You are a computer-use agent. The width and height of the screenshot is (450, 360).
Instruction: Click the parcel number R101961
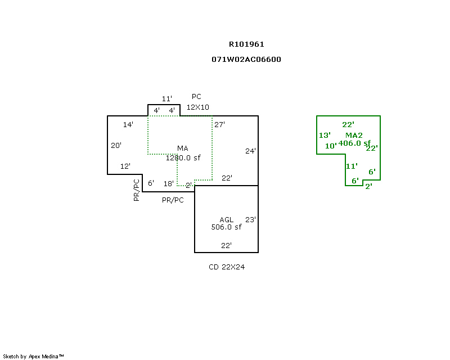coord(246,44)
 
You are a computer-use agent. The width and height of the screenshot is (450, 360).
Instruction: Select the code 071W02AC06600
coord(246,59)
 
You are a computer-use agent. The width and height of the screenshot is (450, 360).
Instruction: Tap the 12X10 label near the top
coord(197,107)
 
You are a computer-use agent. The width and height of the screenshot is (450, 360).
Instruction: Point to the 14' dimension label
coord(128,124)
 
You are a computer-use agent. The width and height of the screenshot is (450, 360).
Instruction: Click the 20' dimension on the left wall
coord(116,145)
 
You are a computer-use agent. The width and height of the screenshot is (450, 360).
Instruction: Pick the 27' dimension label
coord(219,124)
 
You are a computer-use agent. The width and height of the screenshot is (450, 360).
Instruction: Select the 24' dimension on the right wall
coord(250,151)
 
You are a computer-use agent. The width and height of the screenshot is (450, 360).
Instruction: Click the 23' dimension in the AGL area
coord(250,219)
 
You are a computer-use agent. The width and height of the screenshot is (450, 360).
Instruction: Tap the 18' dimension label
coord(168,183)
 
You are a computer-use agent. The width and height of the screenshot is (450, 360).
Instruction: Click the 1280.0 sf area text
coord(183,158)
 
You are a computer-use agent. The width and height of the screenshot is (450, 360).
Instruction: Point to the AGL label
coord(226,219)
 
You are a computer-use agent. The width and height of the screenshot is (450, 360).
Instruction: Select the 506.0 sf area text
coord(226,227)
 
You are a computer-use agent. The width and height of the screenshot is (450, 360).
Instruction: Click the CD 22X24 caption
coord(227,267)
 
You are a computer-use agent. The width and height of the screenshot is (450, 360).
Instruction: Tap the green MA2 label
coord(354,135)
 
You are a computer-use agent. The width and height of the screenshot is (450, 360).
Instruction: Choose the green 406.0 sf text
coord(354,143)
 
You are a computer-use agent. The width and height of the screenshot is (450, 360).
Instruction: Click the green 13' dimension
coord(325,135)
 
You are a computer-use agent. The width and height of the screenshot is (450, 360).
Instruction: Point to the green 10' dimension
coord(331,146)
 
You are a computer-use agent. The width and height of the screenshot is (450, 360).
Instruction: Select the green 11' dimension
coord(351,166)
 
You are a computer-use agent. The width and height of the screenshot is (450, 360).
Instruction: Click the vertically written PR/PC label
coord(136,190)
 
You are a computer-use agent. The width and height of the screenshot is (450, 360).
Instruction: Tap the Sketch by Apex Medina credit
coord(33,356)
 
